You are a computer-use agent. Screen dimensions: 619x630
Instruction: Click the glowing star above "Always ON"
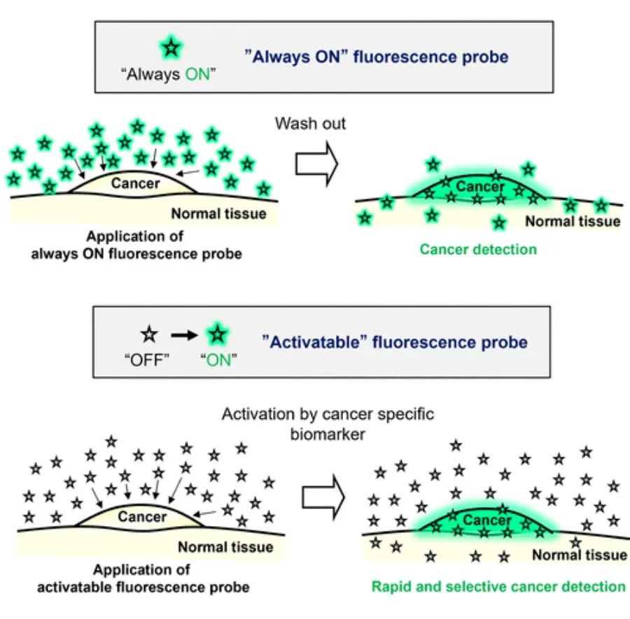[x=170, y=48]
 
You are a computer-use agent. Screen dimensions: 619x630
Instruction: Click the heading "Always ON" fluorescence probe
[x=377, y=57]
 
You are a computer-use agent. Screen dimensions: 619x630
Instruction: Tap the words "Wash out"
[x=310, y=124]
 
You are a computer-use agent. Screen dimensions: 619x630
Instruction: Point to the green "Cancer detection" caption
[x=478, y=249]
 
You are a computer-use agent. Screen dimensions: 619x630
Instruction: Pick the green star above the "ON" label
[x=218, y=334]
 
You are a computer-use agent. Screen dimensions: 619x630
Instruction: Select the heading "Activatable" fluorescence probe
[x=395, y=342]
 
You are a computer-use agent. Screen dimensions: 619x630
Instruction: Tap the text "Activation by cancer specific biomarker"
[x=328, y=423]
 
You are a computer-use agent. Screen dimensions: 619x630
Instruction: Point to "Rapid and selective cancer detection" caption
[x=498, y=586]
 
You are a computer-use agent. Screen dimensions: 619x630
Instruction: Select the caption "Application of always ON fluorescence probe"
[x=136, y=245]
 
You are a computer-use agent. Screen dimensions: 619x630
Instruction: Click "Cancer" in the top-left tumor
[x=136, y=184]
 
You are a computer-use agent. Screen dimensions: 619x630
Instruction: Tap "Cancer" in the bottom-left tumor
[x=142, y=518]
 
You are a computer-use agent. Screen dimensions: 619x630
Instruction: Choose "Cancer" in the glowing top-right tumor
[x=479, y=187]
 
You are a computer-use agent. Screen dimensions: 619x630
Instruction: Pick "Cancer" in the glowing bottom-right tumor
[x=486, y=521]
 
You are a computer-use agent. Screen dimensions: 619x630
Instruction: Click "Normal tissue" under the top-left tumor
[x=218, y=214]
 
